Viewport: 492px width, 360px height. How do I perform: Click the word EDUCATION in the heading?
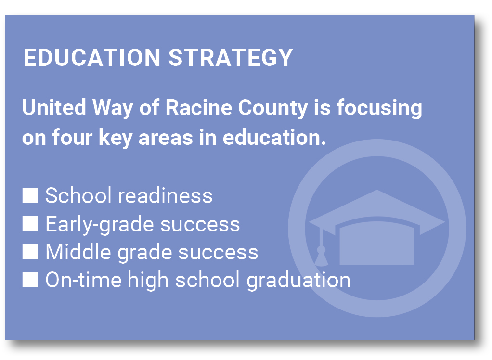(92, 57)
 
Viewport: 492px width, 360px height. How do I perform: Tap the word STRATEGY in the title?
(231, 57)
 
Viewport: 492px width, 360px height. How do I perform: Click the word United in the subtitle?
(54, 107)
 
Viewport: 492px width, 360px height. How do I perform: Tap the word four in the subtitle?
(72, 137)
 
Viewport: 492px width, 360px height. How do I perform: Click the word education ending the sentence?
(272, 137)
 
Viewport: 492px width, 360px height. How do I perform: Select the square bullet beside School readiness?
(30, 196)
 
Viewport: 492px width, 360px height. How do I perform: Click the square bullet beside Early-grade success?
(30, 224)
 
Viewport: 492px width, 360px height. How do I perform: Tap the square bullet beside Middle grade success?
(30, 252)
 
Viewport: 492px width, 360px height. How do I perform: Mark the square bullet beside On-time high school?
(30, 280)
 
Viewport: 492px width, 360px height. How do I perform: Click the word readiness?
(165, 196)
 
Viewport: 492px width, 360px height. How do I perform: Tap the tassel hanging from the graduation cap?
(321, 248)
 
